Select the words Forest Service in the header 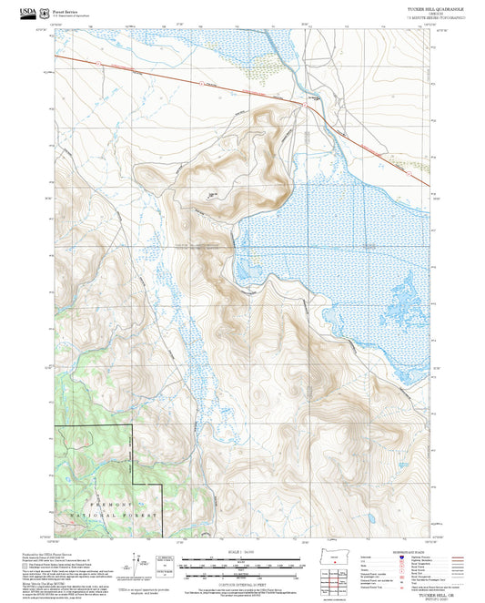[66, 7]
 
